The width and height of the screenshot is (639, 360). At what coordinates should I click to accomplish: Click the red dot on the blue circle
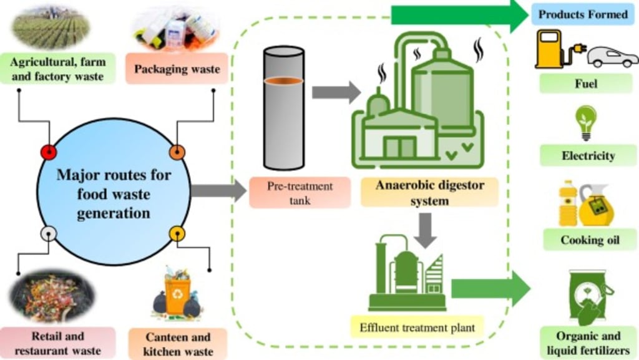click(x=48, y=152)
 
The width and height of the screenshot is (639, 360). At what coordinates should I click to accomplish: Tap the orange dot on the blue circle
click(x=177, y=152)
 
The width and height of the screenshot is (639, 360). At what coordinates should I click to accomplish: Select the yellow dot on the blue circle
click(x=177, y=234)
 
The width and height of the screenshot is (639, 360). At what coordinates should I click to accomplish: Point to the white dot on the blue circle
click(x=48, y=234)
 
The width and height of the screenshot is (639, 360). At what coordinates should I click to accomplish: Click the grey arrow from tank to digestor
click(x=336, y=93)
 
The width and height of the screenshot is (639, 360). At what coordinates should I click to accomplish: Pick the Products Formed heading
click(x=583, y=14)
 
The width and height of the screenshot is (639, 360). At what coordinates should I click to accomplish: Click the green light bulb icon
click(x=586, y=122)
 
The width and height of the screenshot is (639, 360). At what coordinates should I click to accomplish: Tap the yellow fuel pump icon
click(x=550, y=50)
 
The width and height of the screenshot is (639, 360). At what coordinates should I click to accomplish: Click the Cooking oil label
click(x=590, y=240)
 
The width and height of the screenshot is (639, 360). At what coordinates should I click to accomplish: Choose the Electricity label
click(x=588, y=155)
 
